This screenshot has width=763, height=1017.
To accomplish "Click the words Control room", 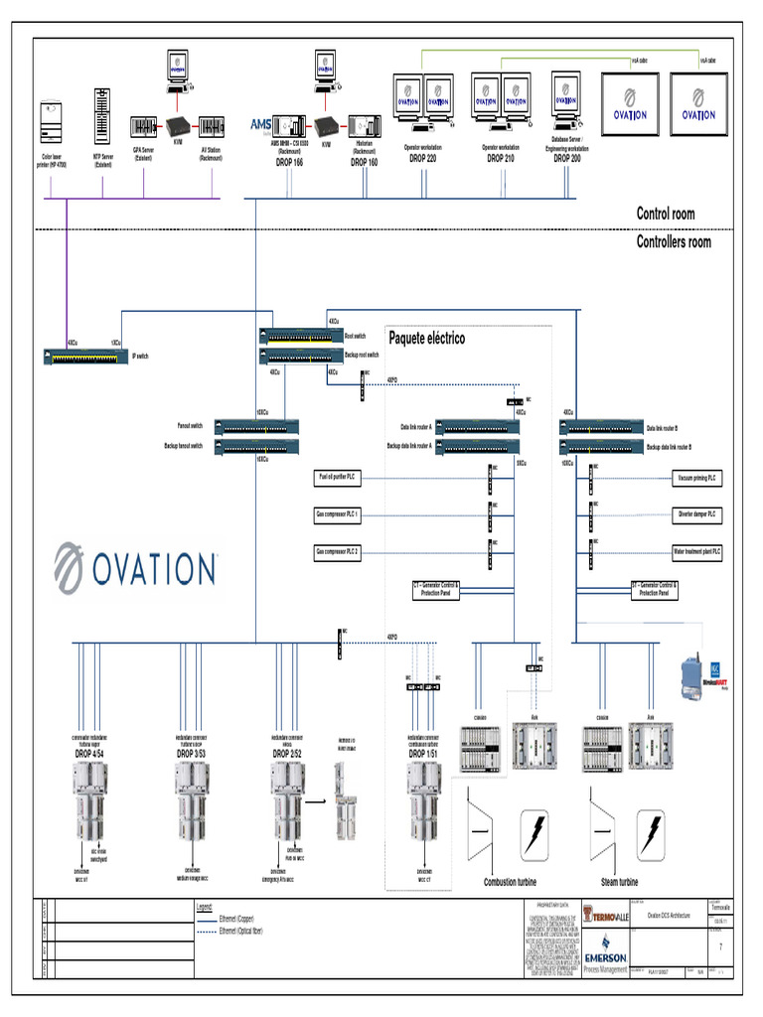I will click(x=666, y=214).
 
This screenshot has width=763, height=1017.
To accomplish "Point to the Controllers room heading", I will click(x=674, y=241).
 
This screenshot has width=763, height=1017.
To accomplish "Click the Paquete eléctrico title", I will click(x=426, y=338).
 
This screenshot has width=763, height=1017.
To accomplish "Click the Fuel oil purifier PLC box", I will click(x=338, y=478).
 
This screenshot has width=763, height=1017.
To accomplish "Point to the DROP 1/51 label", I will click(x=425, y=755).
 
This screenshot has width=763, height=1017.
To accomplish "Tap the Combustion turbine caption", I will click(x=512, y=882).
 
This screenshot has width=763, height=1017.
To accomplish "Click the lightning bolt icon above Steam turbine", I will click(x=651, y=829).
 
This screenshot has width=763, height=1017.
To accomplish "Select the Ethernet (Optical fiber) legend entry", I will click(x=244, y=931).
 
